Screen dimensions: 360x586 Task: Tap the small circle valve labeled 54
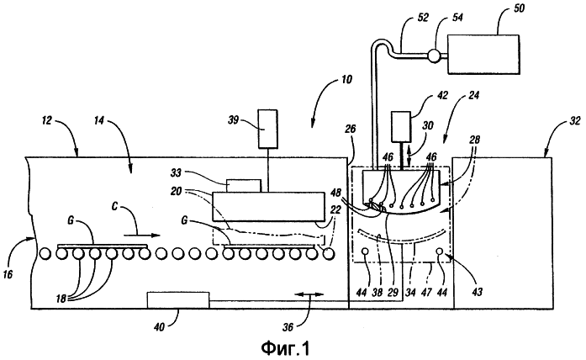(434, 56)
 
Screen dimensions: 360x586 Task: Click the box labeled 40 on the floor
(178, 299)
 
